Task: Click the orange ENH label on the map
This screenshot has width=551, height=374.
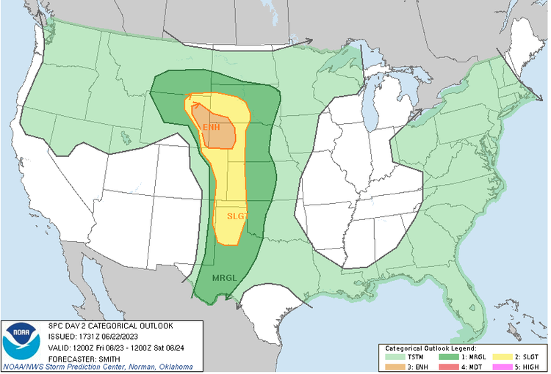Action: tap(211, 128)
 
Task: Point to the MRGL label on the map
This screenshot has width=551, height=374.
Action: tap(223, 279)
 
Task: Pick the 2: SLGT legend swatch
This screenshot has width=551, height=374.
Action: tap(508, 357)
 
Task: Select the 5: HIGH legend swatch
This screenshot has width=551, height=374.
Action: tap(508, 366)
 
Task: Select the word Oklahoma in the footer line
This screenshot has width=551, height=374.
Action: tap(175, 367)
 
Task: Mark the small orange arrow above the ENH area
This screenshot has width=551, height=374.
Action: tap(196, 105)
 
